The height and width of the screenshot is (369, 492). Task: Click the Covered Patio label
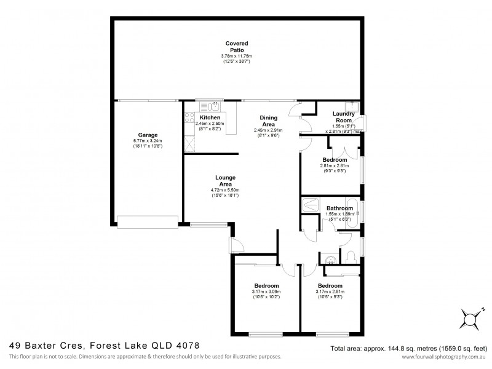(237, 46)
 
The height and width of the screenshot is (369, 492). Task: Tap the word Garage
(148, 135)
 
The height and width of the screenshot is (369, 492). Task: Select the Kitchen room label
(210, 117)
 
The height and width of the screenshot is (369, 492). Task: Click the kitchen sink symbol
(205, 106)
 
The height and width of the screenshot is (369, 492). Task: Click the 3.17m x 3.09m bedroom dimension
(266, 293)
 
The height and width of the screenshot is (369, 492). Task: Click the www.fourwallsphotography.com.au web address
(440, 357)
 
